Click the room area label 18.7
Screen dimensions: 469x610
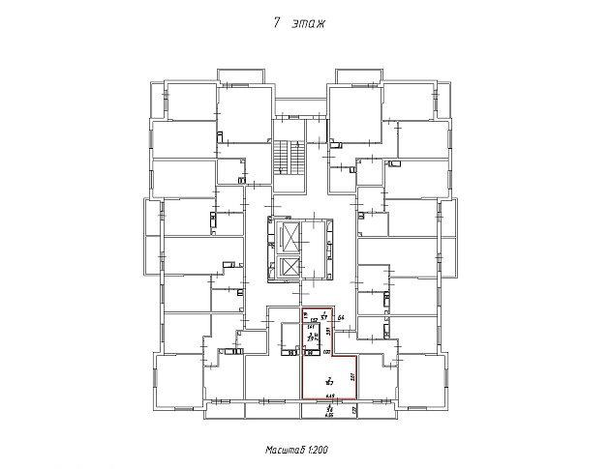tap(329, 382)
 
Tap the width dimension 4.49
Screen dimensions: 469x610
tap(329, 396)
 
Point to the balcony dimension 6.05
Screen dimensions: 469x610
tap(329, 414)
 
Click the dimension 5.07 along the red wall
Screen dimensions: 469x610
tap(353, 378)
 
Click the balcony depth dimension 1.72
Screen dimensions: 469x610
tap(354, 411)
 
